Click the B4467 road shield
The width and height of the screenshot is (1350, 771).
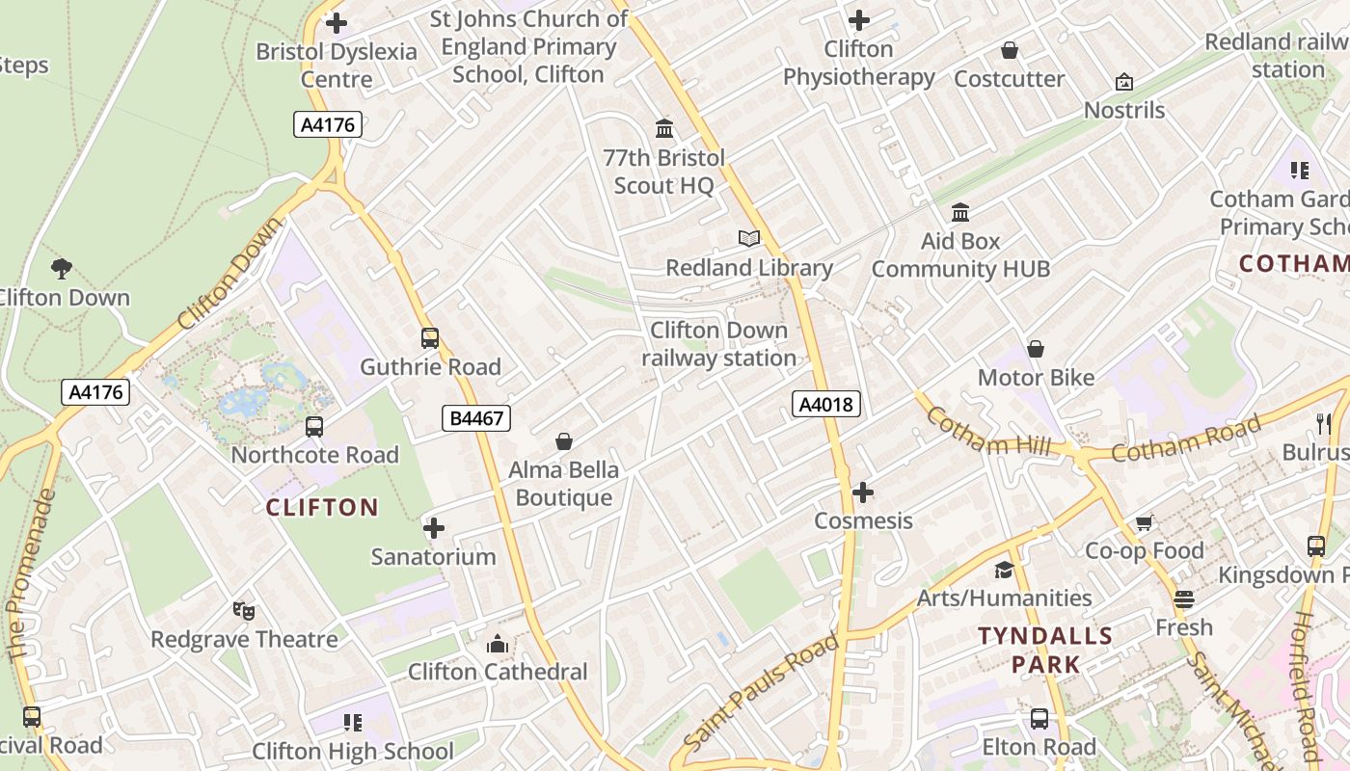click(475, 418)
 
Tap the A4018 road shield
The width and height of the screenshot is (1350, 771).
click(826, 404)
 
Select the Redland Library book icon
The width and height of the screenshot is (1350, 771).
click(749, 238)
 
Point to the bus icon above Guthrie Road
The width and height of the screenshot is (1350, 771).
click(430, 338)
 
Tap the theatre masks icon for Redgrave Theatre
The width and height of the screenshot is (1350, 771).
click(244, 610)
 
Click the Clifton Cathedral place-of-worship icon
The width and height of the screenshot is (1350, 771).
click(498, 643)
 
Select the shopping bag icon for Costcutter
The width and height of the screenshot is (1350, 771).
click(1010, 50)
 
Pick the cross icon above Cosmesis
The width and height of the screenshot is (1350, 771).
click(863, 493)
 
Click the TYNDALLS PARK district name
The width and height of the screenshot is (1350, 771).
click(1045, 650)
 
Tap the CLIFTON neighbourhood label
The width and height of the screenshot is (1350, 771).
click(322, 508)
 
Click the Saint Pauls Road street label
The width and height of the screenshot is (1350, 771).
click(762, 690)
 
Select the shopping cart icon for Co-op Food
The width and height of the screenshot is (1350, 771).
click(1145, 522)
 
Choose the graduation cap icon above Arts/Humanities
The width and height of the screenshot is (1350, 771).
click(1004, 570)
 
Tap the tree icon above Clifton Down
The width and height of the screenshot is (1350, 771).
click(63, 269)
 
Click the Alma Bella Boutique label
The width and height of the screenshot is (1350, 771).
click(564, 484)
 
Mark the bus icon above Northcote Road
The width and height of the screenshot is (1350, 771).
click(314, 427)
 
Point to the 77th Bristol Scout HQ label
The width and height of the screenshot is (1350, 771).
click(663, 171)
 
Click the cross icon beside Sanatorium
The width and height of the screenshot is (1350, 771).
click(434, 528)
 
